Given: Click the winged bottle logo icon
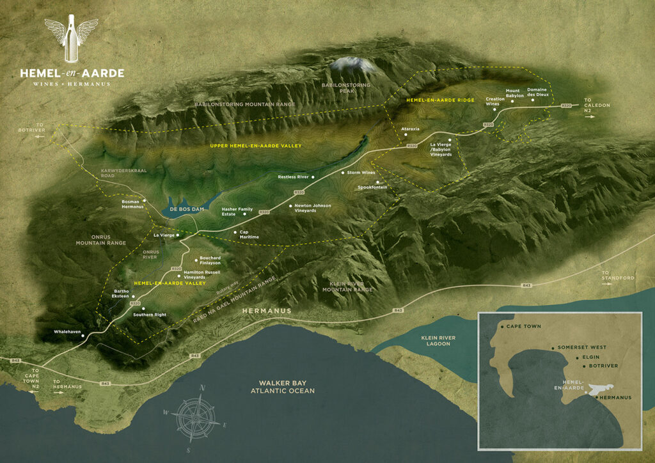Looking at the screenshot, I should tap(71, 41).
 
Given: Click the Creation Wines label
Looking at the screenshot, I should tap(495, 102).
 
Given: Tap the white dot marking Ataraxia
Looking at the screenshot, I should tap(402, 136).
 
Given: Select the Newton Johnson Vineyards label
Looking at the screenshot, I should tap(313, 208).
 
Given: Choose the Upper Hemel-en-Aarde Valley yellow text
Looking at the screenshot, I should tap(255, 146).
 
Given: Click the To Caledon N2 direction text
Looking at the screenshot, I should tap(596, 105).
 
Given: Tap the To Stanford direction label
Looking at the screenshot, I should tap(618, 276).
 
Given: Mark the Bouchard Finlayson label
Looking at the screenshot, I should tap(210, 260).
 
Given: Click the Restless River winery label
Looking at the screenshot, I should tap(294, 177).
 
